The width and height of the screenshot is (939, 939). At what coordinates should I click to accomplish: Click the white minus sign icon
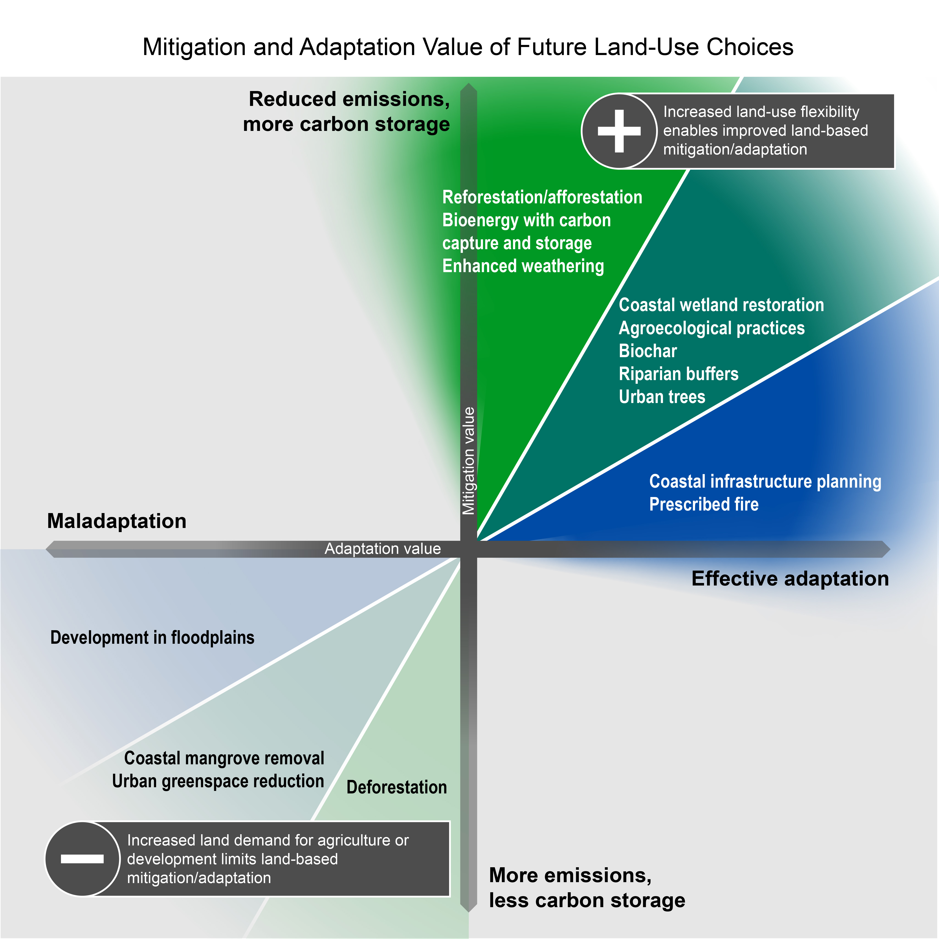(x=82, y=859)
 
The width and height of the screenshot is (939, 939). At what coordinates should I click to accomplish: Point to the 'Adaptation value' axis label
(x=383, y=549)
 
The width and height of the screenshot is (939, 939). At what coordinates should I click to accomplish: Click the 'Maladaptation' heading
(x=117, y=521)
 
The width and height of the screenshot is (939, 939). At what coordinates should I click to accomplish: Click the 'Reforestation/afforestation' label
(x=542, y=197)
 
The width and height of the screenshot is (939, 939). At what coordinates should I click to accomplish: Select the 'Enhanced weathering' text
(x=523, y=266)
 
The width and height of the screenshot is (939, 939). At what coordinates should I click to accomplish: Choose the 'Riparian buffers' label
(x=679, y=374)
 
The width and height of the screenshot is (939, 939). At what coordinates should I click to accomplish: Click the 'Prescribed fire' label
(x=704, y=505)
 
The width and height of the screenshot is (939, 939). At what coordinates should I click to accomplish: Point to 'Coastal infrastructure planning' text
(x=765, y=482)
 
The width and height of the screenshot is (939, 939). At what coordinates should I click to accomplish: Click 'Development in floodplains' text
(x=152, y=638)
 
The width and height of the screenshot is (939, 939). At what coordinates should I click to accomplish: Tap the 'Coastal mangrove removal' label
(x=224, y=758)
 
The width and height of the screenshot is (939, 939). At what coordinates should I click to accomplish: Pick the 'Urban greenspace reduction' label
(x=218, y=781)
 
